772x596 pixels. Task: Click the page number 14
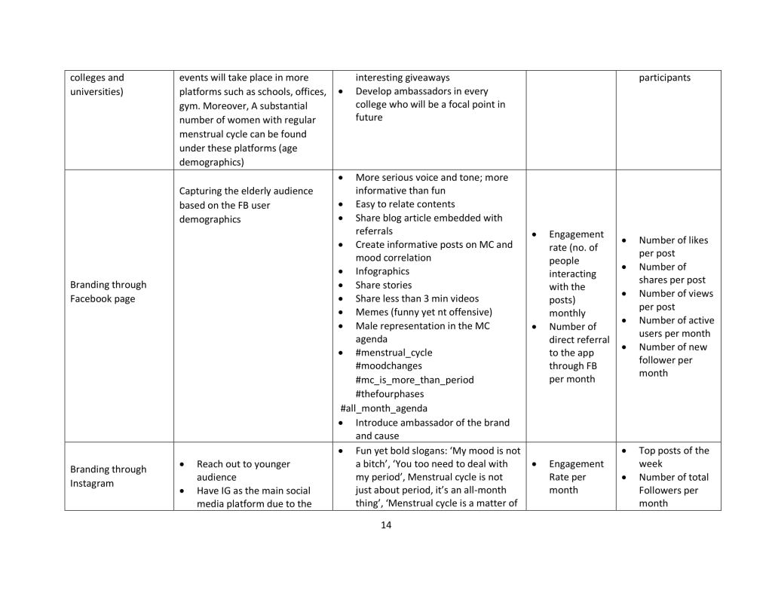pyautogui.click(x=386, y=525)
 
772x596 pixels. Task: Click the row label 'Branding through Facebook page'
pyautogui.click(x=108, y=292)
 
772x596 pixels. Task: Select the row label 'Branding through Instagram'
pyautogui.click(x=108, y=476)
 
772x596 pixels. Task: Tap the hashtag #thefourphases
pyautogui.click(x=389, y=393)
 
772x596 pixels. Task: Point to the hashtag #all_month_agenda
pyautogui.click(x=384, y=408)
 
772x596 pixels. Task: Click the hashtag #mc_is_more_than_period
pyautogui.click(x=415, y=380)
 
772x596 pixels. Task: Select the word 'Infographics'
pyautogui.click(x=382, y=271)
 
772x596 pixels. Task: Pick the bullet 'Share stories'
pyautogui.click(x=383, y=286)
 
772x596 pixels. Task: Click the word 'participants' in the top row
pyautogui.click(x=664, y=78)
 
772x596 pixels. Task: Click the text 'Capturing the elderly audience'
pyautogui.click(x=246, y=191)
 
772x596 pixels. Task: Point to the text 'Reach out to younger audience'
pyautogui.click(x=243, y=470)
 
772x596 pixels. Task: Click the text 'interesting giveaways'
pyautogui.click(x=402, y=78)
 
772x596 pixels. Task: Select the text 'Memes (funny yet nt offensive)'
pyautogui.click(x=424, y=312)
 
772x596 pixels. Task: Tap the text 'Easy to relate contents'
pyautogui.click(x=405, y=204)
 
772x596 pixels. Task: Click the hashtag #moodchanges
pyautogui.click(x=388, y=366)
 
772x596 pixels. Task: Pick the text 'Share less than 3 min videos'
pyautogui.click(x=417, y=298)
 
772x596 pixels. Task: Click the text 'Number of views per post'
pyautogui.click(x=675, y=300)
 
